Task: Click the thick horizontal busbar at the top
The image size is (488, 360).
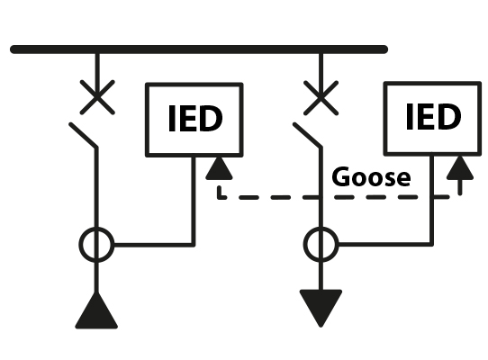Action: click(198, 49)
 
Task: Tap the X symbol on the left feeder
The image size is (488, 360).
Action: click(97, 95)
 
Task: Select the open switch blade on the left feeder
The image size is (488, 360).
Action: click(84, 136)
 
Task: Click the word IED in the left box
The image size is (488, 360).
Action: click(195, 119)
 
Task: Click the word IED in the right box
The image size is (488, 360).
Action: click(433, 117)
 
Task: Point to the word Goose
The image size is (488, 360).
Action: click(371, 176)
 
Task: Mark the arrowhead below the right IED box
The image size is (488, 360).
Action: click(459, 166)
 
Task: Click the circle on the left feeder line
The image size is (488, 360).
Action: click(97, 243)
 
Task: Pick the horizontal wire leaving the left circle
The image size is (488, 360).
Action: click(153, 243)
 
